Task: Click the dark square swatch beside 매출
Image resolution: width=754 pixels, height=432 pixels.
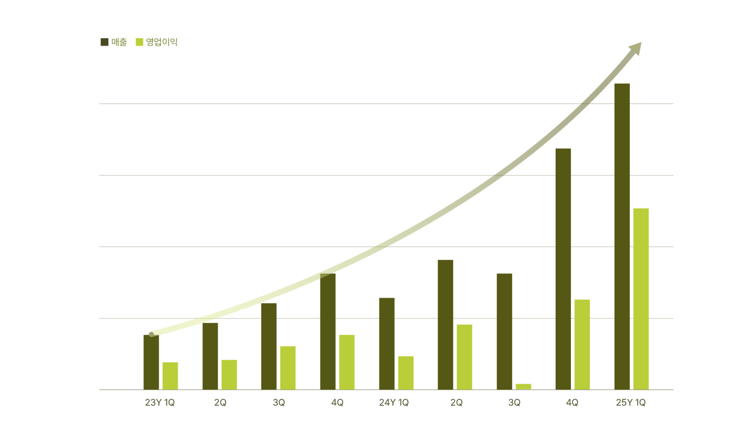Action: point(105,42)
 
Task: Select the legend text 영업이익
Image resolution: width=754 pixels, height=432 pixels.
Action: point(161,42)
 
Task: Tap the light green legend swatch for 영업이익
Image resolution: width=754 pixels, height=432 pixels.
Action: point(139,42)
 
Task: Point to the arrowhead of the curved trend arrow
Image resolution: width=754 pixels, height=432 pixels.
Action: point(637,48)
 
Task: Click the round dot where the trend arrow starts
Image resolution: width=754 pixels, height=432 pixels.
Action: point(151,335)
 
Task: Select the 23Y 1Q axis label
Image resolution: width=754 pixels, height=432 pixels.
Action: point(160,403)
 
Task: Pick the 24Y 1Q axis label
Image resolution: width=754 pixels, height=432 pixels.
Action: point(394,403)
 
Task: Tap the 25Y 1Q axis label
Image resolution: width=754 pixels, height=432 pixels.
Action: point(631,403)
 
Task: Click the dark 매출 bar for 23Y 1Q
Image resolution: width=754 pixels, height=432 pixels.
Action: point(151,362)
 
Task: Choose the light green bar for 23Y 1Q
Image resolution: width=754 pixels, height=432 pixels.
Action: point(170,376)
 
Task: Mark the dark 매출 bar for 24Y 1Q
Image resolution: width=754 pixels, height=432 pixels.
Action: point(387,344)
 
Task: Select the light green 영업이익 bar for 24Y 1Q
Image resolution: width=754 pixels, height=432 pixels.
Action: point(406,373)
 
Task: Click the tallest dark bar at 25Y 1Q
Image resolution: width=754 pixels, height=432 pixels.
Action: point(622,236)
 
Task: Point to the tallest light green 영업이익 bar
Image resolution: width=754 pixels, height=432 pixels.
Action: point(641,299)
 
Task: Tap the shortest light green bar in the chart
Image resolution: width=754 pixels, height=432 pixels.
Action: point(523,387)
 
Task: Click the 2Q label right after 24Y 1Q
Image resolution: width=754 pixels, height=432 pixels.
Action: point(457,403)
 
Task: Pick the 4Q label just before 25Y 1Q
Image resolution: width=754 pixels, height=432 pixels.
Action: point(572,403)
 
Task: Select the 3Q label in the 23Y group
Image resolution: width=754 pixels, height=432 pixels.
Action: point(279,403)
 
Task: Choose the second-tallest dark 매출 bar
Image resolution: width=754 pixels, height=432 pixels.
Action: point(563,269)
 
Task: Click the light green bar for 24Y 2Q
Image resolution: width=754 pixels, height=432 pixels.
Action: point(464,357)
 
